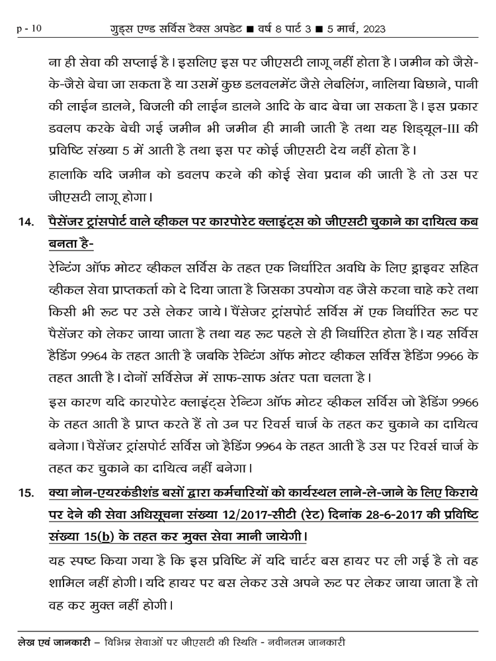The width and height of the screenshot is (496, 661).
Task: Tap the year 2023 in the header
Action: pos(372,29)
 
